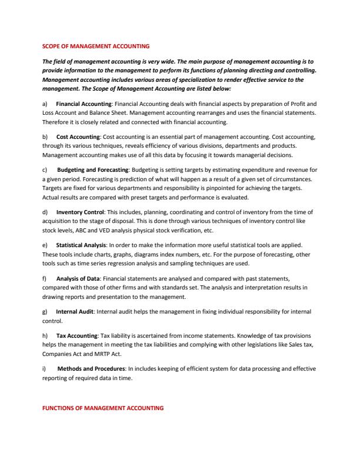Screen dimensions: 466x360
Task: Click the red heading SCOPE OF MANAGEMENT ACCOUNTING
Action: click(x=96, y=45)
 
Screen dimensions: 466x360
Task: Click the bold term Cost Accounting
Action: click(x=78, y=137)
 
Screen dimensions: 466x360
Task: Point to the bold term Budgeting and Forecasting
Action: click(x=92, y=169)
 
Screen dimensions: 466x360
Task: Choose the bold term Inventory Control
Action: click(x=81, y=211)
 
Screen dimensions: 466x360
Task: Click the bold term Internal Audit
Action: click(x=75, y=311)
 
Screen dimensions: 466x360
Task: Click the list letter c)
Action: click(x=45, y=169)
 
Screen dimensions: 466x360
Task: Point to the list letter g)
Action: click(x=45, y=311)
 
